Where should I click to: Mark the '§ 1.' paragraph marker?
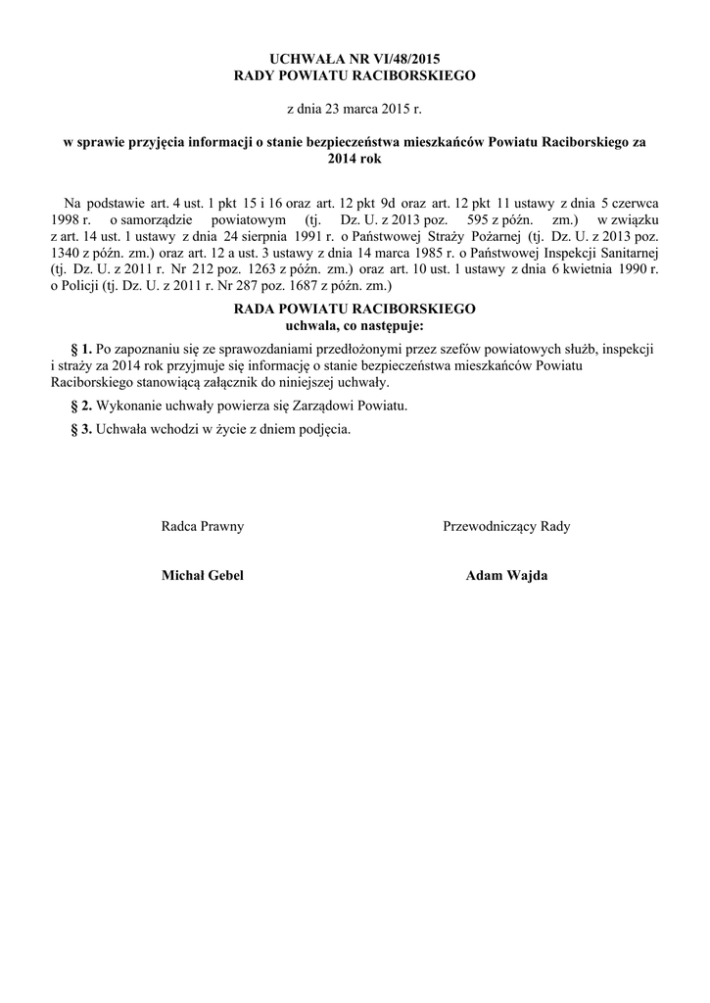pos(81,349)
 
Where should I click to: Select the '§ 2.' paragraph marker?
pos(81,406)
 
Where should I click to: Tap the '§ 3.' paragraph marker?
pos(81,429)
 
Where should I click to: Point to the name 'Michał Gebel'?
pos(203,576)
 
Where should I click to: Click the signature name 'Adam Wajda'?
pos(507,576)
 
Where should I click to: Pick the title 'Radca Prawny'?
pos(203,526)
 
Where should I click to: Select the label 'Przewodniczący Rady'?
pos(507,526)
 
